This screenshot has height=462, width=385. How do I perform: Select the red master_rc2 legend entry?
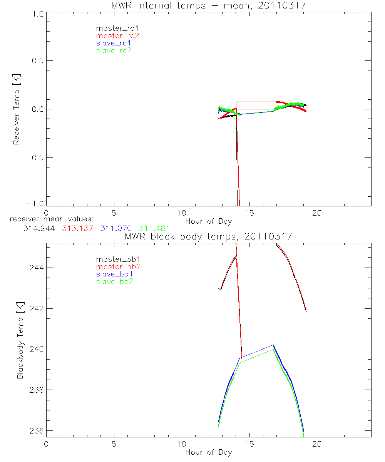pyautogui.click(x=117, y=36)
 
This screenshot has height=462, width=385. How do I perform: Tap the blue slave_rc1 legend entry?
pyautogui.click(x=114, y=43)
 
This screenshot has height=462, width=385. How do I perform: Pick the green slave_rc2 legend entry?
pyautogui.click(x=114, y=50)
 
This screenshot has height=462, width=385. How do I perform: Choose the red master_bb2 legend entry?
pyautogui.click(x=117, y=266)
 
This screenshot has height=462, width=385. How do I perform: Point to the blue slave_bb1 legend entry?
pyautogui.click(x=114, y=274)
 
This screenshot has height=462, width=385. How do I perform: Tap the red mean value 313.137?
pyautogui.click(x=77, y=228)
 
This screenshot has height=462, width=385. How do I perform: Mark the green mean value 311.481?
pyautogui.click(x=154, y=228)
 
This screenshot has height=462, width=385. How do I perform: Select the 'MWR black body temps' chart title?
pyautogui.click(x=208, y=236)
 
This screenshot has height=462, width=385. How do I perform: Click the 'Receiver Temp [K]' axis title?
pyautogui.click(x=16, y=109)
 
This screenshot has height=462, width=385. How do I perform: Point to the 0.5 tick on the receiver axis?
pyautogui.click(x=37, y=61)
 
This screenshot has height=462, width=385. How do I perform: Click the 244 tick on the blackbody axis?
pyautogui.click(x=36, y=268)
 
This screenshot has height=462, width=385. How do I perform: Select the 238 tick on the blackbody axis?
pyautogui.click(x=36, y=390)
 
